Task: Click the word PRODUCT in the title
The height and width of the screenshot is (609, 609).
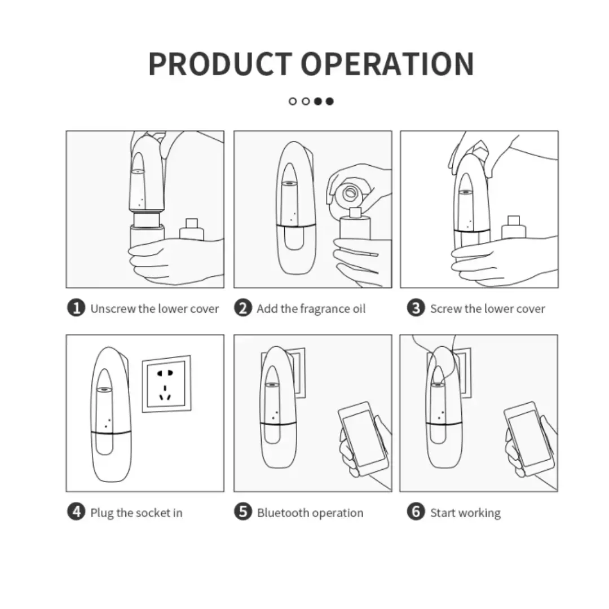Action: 220,64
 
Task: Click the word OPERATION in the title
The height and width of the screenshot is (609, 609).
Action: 387,64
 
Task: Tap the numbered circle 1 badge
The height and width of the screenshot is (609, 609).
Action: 76,308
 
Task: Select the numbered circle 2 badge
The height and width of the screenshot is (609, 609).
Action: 243,308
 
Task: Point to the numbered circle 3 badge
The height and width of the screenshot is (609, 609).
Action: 416,308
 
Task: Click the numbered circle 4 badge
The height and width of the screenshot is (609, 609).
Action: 76,511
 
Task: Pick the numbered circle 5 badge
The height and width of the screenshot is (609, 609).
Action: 243,511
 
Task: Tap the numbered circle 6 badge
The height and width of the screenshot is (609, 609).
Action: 416,511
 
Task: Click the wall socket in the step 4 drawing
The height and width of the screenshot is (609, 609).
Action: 167,384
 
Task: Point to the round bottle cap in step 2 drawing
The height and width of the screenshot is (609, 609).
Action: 349,193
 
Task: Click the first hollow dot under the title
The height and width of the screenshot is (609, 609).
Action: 293,101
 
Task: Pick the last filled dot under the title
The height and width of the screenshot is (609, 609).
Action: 330,101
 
